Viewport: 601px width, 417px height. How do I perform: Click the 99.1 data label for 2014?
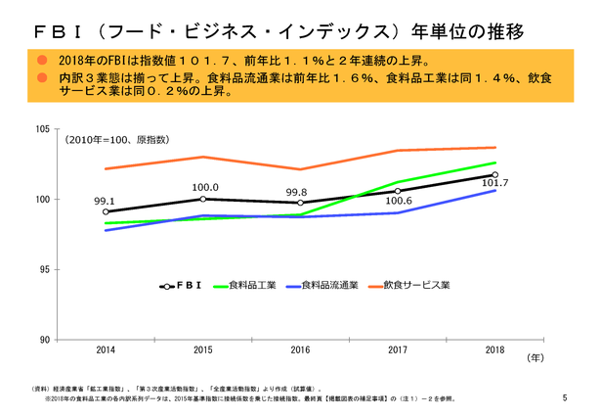105,201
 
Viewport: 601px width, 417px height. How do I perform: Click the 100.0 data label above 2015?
203,187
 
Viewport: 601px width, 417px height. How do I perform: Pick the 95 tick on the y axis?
44,269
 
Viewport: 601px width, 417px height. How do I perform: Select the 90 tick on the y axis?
44,340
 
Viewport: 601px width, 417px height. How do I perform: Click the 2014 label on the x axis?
105,349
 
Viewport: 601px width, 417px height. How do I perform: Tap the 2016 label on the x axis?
300,349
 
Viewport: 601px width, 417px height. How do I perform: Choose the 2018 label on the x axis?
495,349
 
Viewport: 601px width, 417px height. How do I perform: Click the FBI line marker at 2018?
495,175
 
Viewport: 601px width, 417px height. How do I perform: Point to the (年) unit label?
536,358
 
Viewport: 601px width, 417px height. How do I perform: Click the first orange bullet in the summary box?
43,61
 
